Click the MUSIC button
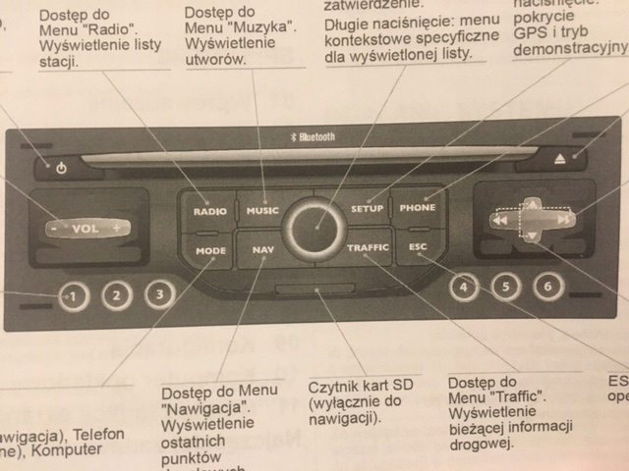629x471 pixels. click(262, 210)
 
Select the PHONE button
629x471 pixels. click(418, 208)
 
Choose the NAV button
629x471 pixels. click(262, 250)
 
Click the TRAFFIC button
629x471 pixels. click(368, 248)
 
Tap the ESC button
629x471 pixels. click(416, 247)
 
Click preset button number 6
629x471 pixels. click(546, 287)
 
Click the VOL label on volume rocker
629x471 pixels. click(86, 229)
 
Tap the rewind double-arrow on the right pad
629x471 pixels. click(499, 222)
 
